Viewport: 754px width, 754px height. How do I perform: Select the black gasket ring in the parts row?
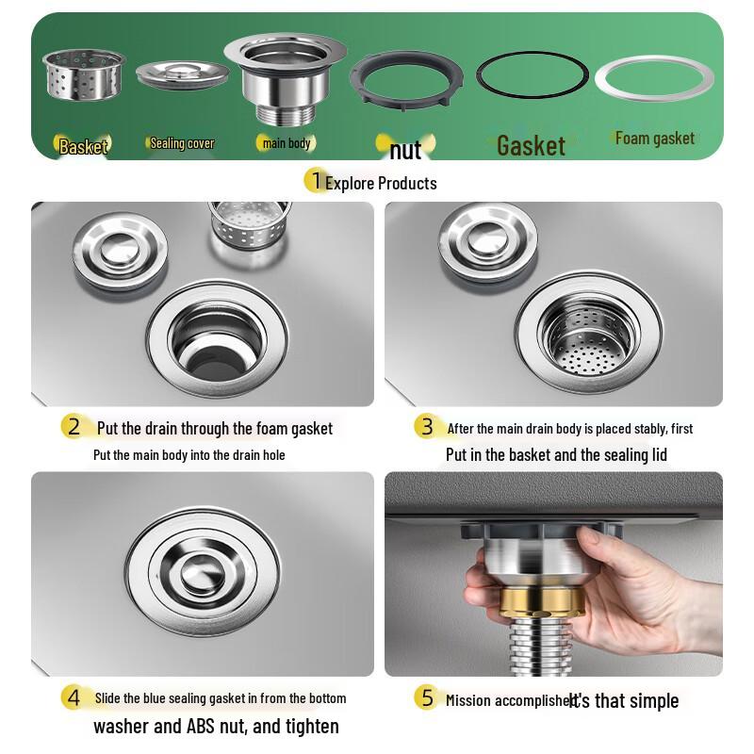click(531, 75)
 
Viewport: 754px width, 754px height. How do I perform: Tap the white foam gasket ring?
click(653, 79)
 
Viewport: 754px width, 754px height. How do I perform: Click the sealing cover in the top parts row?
click(182, 76)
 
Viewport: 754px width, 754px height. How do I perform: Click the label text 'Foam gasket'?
click(654, 139)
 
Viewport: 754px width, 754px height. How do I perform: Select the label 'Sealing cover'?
click(182, 144)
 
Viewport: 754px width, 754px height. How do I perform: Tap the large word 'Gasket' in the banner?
click(531, 145)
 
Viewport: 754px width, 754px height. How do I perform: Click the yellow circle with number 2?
click(74, 426)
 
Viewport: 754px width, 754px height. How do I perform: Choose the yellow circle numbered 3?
click(427, 426)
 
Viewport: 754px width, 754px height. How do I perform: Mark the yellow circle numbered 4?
click(74, 698)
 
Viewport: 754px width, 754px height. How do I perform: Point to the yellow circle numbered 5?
click(427, 698)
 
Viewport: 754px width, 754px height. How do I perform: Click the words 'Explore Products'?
click(381, 183)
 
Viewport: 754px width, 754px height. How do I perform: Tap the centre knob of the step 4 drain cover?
click(204, 570)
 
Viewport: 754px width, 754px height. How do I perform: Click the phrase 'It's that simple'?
click(624, 700)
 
